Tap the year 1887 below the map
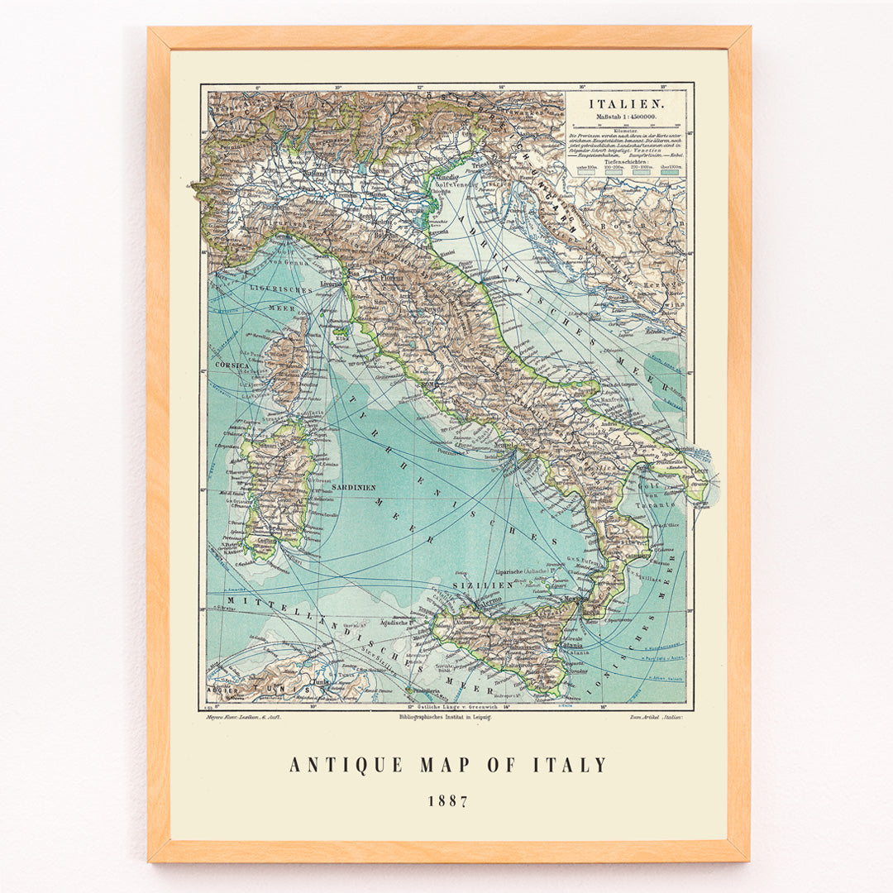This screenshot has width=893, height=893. pos(447,801)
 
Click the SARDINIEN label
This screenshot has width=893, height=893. pos(353,488)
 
